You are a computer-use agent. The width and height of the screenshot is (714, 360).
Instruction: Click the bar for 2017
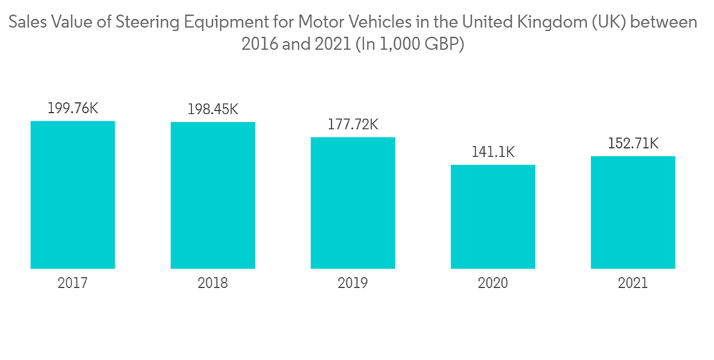pyautogui.click(x=73, y=194)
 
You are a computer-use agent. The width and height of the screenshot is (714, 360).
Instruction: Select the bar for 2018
pyautogui.click(x=213, y=195)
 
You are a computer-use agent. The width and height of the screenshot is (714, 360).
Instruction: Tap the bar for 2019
pyautogui.click(x=353, y=203)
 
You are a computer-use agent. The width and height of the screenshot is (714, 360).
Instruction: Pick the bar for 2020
pyautogui.click(x=493, y=216)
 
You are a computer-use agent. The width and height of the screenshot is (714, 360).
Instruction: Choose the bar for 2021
pyautogui.click(x=633, y=212)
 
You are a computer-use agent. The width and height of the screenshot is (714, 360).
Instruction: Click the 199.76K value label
pyautogui.click(x=73, y=109)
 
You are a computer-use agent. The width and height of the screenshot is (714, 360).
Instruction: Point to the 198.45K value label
pyautogui.click(x=213, y=110)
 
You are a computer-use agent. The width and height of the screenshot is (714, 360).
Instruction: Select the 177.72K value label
pyautogui.click(x=353, y=125)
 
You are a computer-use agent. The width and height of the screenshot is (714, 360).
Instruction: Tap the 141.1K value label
pyautogui.click(x=493, y=152)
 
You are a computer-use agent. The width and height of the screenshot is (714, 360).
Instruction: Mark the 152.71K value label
pyautogui.click(x=633, y=144)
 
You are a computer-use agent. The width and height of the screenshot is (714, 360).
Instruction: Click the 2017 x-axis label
pyautogui.click(x=73, y=284)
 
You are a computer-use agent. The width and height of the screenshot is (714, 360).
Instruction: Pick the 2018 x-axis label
pyautogui.click(x=213, y=284)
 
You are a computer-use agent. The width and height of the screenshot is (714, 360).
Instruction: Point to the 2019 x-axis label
pyautogui.click(x=353, y=284)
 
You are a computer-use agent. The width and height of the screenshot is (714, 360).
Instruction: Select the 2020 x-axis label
pyautogui.click(x=493, y=284)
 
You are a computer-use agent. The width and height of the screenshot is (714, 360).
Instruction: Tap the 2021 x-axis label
pyautogui.click(x=633, y=284)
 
